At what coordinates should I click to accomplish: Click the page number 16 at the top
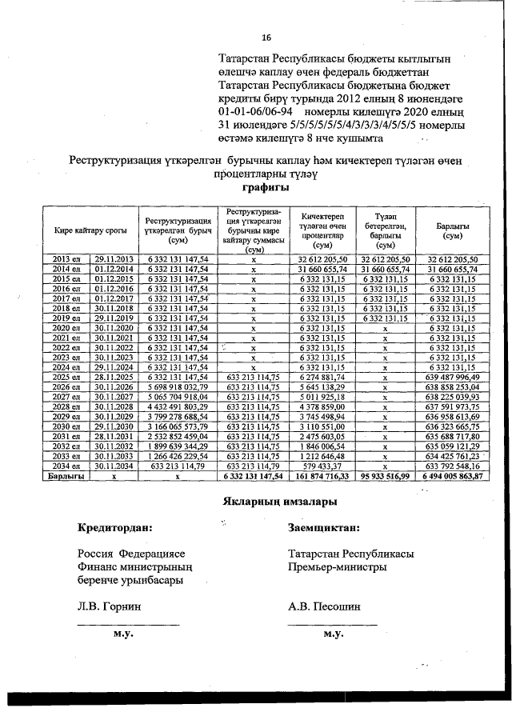266,38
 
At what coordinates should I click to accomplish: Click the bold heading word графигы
265,188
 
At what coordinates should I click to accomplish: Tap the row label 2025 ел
66,377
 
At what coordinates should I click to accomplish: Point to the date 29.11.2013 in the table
112,260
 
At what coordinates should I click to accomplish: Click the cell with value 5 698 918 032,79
178,386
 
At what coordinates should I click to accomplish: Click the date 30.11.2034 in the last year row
112,465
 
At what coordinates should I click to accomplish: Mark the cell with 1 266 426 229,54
178,455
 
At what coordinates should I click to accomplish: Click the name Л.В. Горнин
110,606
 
